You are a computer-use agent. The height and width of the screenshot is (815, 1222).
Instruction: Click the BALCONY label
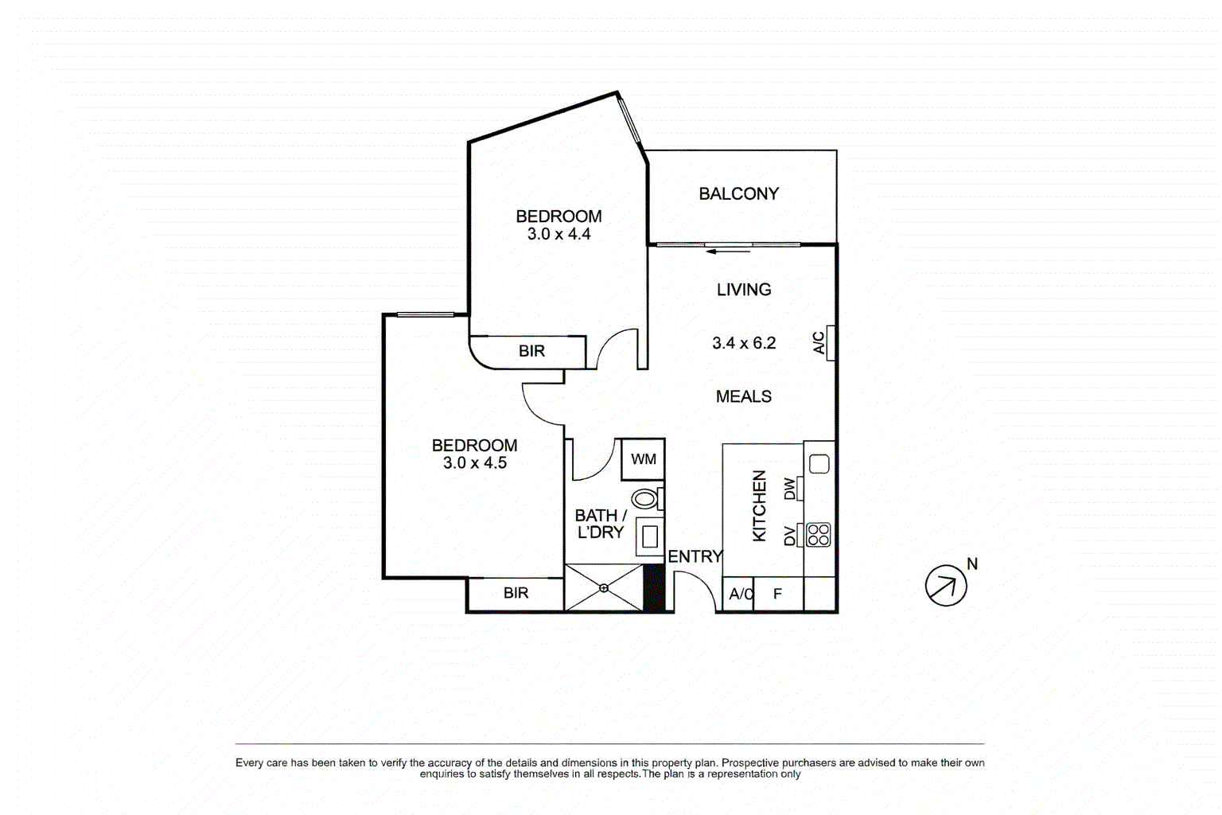pyautogui.click(x=738, y=193)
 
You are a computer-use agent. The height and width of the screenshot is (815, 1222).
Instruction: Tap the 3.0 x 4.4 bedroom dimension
pyautogui.click(x=558, y=234)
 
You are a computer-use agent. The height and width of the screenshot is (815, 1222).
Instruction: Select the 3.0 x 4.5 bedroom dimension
pyautogui.click(x=474, y=463)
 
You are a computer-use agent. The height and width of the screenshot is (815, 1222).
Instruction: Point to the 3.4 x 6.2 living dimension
pyautogui.click(x=743, y=343)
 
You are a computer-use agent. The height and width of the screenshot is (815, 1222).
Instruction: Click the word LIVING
pyautogui.click(x=743, y=290)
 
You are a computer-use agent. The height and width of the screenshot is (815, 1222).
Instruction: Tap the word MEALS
pyautogui.click(x=743, y=396)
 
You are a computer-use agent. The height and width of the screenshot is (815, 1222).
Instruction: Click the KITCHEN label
pyautogui.click(x=760, y=506)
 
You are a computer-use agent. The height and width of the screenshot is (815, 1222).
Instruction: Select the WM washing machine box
pyautogui.click(x=643, y=459)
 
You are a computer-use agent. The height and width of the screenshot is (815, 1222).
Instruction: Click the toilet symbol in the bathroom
pyautogui.click(x=646, y=499)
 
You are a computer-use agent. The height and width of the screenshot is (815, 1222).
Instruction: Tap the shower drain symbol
pyautogui.click(x=604, y=588)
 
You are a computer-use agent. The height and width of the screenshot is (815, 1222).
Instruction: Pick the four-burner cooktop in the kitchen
pyautogui.click(x=819, y=535)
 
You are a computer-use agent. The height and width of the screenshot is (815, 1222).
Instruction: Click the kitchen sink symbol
pyautogui.click(x=819, y=463)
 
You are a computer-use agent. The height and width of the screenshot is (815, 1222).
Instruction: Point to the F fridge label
pyautogui.click(x=777, y=594)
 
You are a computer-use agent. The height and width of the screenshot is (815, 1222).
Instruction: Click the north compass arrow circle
pyautogui.click(x=945, y=586)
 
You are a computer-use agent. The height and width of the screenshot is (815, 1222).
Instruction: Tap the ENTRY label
pyautogui.click(x=695, y=556)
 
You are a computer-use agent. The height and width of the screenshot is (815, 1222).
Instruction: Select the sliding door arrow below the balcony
pyautogui.click(x=728, y=252)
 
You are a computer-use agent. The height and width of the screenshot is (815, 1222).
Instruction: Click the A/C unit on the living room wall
pyautogui.click(x=830, y=343)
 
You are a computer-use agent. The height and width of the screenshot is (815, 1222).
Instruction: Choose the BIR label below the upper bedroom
pyautogui.click(x=531, y=351)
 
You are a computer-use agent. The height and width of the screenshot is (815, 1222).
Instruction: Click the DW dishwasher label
pyautogui.click(x=790, y=488)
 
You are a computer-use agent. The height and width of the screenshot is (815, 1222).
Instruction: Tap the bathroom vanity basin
pyautogui.click(x=650, y=536)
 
